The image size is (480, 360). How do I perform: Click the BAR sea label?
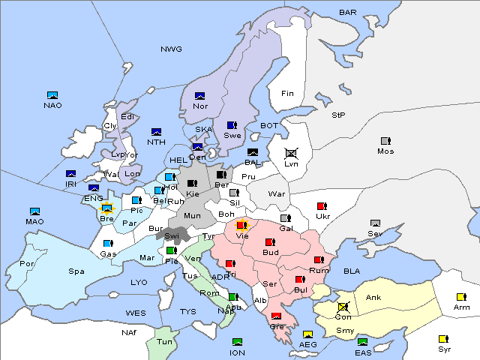347,13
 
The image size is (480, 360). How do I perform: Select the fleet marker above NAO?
52,95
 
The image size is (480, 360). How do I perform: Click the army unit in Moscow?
385,141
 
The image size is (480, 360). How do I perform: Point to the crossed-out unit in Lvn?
291,153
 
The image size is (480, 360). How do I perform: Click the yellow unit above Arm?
460,297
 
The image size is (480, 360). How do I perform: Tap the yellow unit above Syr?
444,339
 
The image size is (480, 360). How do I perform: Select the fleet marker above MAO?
34,211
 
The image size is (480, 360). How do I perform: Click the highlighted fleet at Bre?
106,208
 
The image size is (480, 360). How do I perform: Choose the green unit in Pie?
171,250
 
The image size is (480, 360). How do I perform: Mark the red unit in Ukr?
322,206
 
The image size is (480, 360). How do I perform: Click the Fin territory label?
286,94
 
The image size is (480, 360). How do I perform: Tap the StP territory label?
338,115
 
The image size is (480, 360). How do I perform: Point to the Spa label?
76,271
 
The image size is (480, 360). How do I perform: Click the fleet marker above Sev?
375,223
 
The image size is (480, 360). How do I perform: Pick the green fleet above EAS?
362,342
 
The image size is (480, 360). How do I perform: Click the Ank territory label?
373,298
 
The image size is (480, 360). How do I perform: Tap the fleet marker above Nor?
199,96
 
